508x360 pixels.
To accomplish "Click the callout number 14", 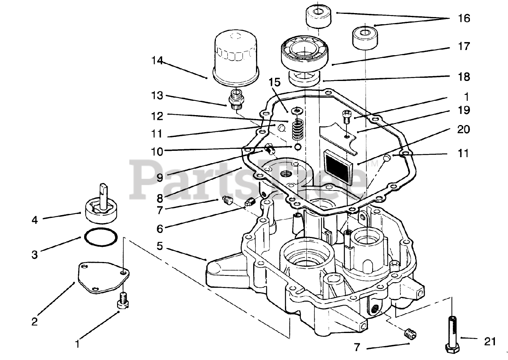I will point(157,61).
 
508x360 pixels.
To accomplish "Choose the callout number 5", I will point(159,246).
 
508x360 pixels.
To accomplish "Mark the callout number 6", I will point(159,229).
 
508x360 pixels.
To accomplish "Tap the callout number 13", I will point(157,96).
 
